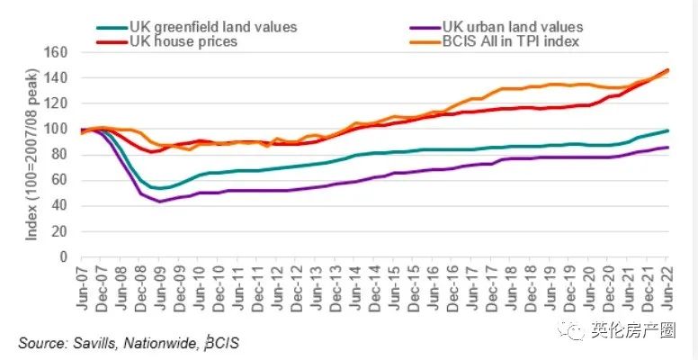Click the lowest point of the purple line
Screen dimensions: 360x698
(160, 201)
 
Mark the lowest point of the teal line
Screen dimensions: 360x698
(160, 188)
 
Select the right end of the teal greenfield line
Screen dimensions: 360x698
(667, 130)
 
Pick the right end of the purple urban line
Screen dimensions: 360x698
(667, 147)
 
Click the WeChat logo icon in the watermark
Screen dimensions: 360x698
(571, 331)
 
